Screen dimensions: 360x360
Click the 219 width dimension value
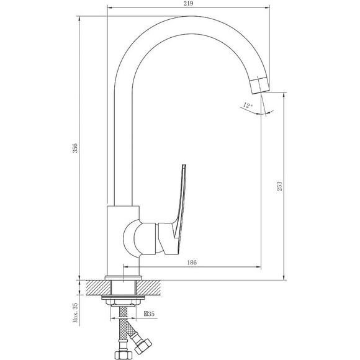coord(188,4)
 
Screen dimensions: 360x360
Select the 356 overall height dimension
coord(75,148)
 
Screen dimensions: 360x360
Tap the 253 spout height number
coord(279,186)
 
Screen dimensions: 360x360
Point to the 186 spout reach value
coord(192,262)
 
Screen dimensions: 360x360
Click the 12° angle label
coord(248,106)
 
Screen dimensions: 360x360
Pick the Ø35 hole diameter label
coord(149,313)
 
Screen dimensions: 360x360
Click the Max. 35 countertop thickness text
coord(75,313)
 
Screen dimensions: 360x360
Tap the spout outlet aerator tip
coord(260,86)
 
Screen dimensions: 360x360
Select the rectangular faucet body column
coord(124,241)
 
